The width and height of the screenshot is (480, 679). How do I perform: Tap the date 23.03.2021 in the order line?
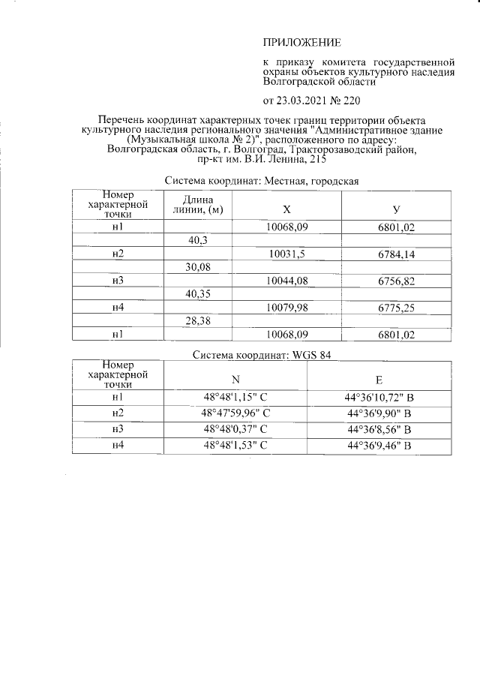304,100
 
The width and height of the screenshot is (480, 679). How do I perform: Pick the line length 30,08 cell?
199,267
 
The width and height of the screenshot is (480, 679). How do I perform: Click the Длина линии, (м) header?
198,204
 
